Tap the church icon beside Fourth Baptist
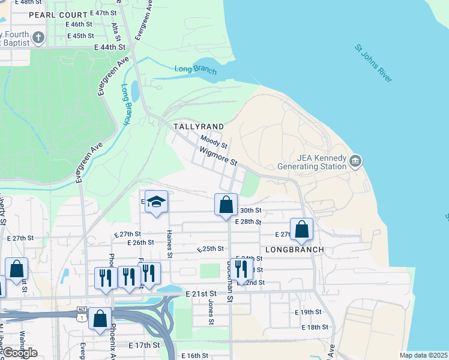click(x=38, y=38)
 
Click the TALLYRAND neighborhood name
click(x=199, y=127)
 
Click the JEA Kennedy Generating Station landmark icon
click(x=355, y=161)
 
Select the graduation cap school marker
click(x=156, y=202)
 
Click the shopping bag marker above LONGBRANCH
click(x=301, y=229)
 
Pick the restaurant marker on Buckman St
click(x=241, y=269)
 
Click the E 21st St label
click(x=200, y=293)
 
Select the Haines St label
click(x=170, y=244)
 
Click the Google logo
click(x=19, y=353)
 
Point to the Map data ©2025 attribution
click(x=423, y=355)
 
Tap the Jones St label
click(x=211, y=312)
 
